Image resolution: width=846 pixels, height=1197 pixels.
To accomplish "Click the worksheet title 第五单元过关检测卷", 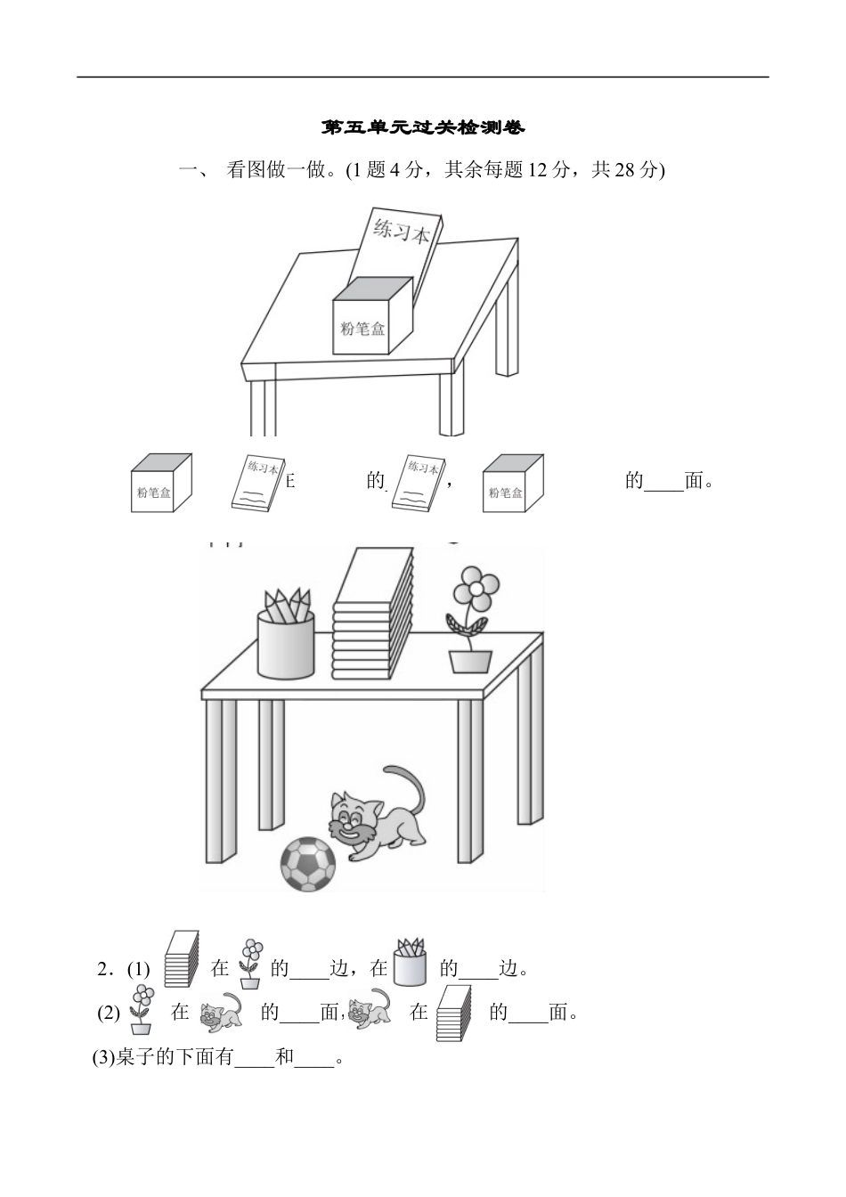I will (x=423, y=128).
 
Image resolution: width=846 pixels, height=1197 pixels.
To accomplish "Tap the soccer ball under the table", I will (x=308, y=864).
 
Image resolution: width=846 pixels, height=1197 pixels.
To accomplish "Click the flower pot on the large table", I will (x=470, y=660).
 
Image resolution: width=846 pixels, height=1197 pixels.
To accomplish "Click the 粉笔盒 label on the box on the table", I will (x=363, y=328).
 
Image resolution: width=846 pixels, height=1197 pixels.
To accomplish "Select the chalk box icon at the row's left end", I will (x=160, y=483).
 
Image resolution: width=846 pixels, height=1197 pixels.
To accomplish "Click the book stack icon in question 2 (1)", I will (x=181, y=959).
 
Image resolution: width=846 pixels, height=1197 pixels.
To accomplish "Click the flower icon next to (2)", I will (x=140, y=1009).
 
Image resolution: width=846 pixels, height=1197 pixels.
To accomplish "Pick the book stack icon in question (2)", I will (x=453, y=1013).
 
